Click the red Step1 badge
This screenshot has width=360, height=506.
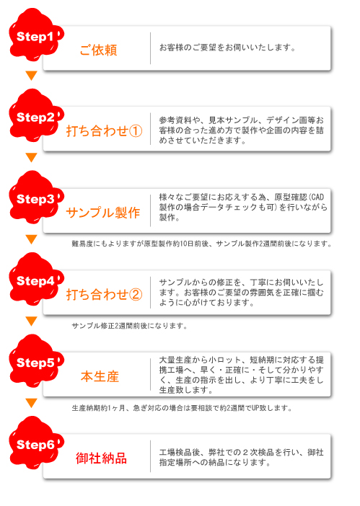(35, 35)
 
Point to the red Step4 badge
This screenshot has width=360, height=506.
(35, 280)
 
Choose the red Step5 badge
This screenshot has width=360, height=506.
(35, 361)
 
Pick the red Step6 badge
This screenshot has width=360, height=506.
(35, 443)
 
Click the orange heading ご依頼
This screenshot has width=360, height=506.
(98, 50)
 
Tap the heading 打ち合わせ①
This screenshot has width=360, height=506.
(105, 131)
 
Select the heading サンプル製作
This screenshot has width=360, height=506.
(103, 213)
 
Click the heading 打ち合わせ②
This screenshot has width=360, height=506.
(105, 295)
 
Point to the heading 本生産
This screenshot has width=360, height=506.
(100, 376)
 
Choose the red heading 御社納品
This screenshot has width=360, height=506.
(102, 458)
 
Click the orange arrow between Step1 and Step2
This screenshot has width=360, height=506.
(31, 76)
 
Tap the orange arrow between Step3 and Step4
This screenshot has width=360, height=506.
(31, 239)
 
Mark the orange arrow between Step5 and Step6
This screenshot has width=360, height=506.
(31, 403)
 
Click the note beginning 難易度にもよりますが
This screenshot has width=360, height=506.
(201, 244)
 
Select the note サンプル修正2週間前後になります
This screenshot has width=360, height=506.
(129, 326)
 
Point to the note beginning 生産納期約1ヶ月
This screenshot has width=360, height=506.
(182, 408)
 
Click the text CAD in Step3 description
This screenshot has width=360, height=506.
(317, 197)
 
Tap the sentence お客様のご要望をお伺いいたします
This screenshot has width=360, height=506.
(227, 48)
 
